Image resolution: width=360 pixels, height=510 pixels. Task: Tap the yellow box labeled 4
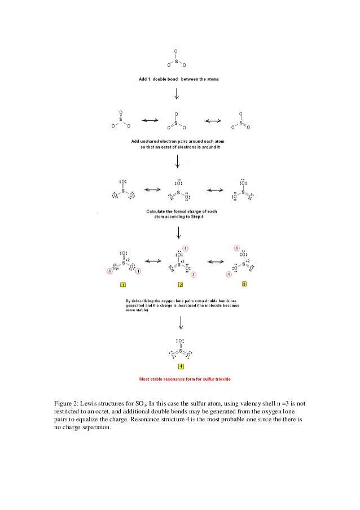181,367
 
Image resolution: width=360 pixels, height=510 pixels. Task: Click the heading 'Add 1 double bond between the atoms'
179,79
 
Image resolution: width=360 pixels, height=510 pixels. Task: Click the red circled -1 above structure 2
186,249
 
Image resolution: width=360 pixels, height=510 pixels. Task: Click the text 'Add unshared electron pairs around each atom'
178,141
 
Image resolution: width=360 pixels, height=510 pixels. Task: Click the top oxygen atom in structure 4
181,341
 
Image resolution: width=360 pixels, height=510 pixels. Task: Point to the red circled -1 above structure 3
237,249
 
